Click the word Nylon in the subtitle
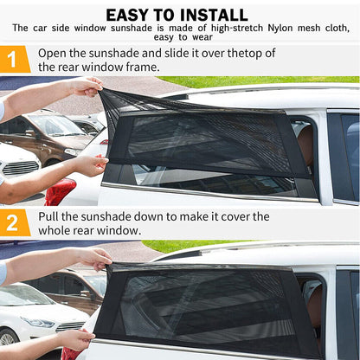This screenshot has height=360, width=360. tap(280, 28)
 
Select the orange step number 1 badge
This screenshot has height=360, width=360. tap(15, 60)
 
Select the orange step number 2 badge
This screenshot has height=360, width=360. tap(15, 222)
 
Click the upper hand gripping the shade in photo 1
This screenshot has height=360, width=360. tap(86, 87)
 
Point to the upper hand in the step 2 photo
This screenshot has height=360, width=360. tap(95, 258)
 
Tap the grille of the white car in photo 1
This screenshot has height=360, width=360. tap(20, 168)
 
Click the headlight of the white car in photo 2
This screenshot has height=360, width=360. tap(37, 322)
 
